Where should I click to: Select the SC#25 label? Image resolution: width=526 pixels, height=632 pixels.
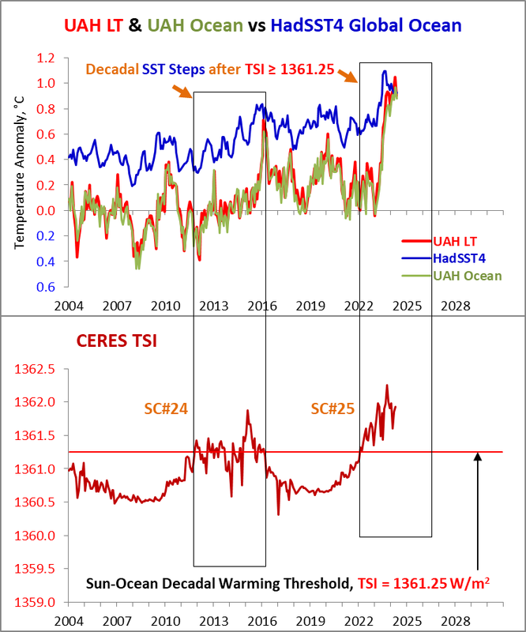coord(332,409)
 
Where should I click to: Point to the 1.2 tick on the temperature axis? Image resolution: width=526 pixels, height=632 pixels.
coord(53,58)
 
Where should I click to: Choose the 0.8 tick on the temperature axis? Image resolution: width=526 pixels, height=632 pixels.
coord(53,109)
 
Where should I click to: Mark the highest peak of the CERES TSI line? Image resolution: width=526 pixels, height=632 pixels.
coord(387,386)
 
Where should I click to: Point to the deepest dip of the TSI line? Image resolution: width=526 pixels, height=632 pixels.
coord(278,514)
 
